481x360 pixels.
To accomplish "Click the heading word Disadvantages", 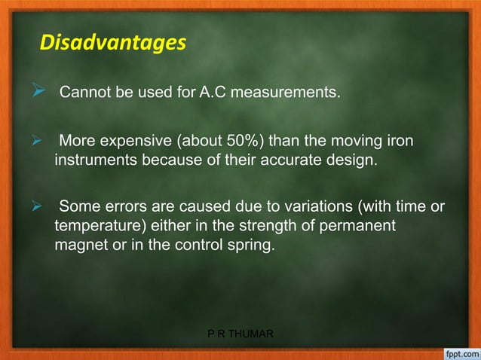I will click(112, 41).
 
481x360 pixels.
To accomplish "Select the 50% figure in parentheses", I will click(246, 142).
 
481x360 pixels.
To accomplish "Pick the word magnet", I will click(80, 243).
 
